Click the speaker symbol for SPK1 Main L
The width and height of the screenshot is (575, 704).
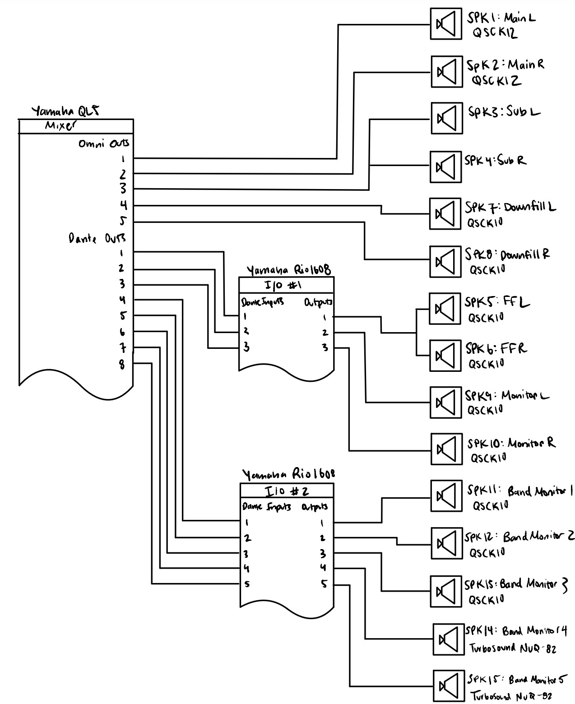pos(446,23)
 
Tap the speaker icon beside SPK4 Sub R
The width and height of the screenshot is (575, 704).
pos(446,167)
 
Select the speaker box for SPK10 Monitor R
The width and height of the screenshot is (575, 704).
pos(446,449)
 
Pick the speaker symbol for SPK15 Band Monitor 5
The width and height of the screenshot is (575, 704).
pos(449,686)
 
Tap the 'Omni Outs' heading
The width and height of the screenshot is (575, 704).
pos(103,144)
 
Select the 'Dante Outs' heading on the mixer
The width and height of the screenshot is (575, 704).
pos(97,238)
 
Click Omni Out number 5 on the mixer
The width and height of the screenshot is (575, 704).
pos(123,221)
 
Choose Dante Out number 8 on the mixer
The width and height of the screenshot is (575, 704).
pos(122,364)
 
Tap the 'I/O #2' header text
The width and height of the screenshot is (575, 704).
pos(286,491)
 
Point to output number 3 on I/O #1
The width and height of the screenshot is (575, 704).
pos(325,348)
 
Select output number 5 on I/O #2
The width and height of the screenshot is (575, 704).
pos(324,584)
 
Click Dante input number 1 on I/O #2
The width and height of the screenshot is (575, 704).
pos(246,523)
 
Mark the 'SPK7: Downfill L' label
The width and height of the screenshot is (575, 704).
pos(510,207)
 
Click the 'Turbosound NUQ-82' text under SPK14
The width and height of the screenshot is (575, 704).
pos(513,648)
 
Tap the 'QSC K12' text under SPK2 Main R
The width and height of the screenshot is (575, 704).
pos(496,81)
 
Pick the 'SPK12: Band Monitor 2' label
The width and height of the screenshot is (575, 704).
pos(519,537)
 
